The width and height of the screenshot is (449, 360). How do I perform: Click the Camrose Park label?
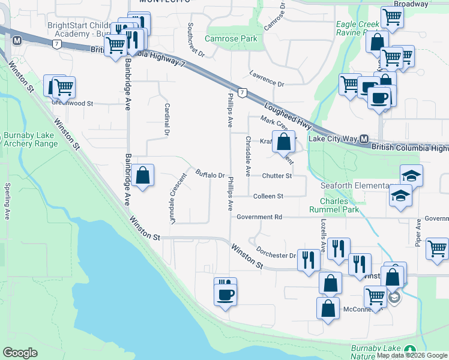pos(231,38)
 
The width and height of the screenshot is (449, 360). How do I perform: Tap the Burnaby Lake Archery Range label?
pos(31,139)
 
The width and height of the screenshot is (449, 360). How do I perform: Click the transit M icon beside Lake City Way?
pos(364,139)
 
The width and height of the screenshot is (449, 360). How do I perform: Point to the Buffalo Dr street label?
pos(209,175)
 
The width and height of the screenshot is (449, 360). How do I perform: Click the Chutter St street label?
pos(277,176)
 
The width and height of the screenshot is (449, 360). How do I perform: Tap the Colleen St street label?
pos(268,196)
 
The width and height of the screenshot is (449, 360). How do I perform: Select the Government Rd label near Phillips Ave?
pos(259,217)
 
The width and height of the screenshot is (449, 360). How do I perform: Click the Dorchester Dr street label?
pos(276,252)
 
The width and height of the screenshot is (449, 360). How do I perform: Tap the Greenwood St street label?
pos(73,103)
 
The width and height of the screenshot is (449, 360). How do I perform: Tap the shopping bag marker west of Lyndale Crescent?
pos(143,176)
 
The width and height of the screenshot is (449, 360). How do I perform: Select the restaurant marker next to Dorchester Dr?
pos(309,260)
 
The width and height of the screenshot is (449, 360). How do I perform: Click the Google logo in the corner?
pos(20,353)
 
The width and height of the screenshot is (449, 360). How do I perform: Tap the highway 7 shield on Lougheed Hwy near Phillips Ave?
pos(242,92)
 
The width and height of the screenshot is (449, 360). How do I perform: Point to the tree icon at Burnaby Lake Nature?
pos(410,350)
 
